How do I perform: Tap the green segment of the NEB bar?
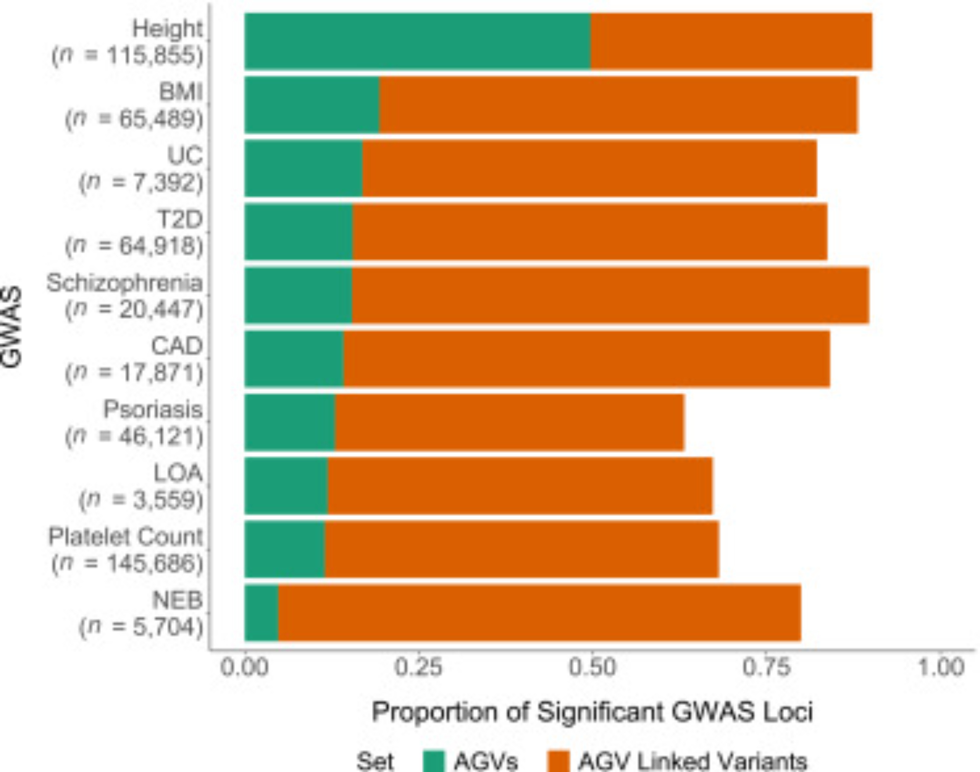point(262,613)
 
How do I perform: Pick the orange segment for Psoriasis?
point(510,422)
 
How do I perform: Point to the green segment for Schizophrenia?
point(298,295)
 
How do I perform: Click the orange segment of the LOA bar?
point(520,486)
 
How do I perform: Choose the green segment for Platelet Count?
point(285,549)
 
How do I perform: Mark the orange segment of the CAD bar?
point(587,359)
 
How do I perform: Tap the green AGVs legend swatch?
point(434,761)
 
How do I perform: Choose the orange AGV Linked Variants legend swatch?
point(558,761)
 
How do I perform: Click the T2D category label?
point(180,219)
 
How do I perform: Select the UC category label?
point(185,156)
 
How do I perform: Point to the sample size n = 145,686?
point(127,564)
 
